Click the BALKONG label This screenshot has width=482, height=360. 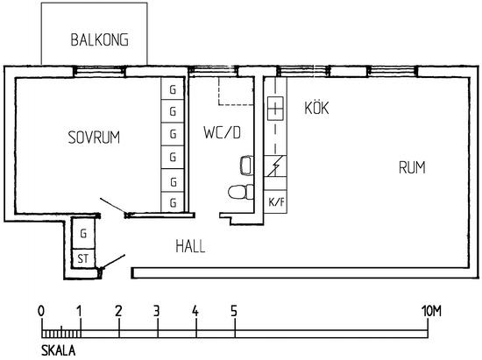click(x=100, y=40)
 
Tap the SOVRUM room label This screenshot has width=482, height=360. click(x=94, y=138)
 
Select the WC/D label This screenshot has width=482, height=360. click(x=222, y=132)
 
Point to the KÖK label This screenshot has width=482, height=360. click(x=316, y=107)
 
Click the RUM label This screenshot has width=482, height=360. click(x=412, y=167)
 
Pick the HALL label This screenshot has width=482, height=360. click(x=190, y=246)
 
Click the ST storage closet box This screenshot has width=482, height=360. click(x=83, y=259)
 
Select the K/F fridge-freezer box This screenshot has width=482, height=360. click(x=276, y=201)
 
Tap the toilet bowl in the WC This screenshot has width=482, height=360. click(x=241, y=193)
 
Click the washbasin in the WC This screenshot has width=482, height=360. click(x=246, y=166)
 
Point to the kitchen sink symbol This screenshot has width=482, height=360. click(x=275, y=109)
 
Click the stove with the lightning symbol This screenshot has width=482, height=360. click(x=275, y=166)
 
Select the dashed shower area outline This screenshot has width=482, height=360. click(x=236, y=91)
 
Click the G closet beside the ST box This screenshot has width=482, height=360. click(x=83, y=234)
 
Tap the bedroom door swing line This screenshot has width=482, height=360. click(x=113, y=206)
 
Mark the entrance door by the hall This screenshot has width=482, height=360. click(x=112, y=261)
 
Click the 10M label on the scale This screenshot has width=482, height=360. click(x=431, y=311)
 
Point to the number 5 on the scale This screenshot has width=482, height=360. click(x=234, y=311)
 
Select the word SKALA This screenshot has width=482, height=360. click(x=59, y=350)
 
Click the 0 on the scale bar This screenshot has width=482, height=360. click(x=41, y=311)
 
